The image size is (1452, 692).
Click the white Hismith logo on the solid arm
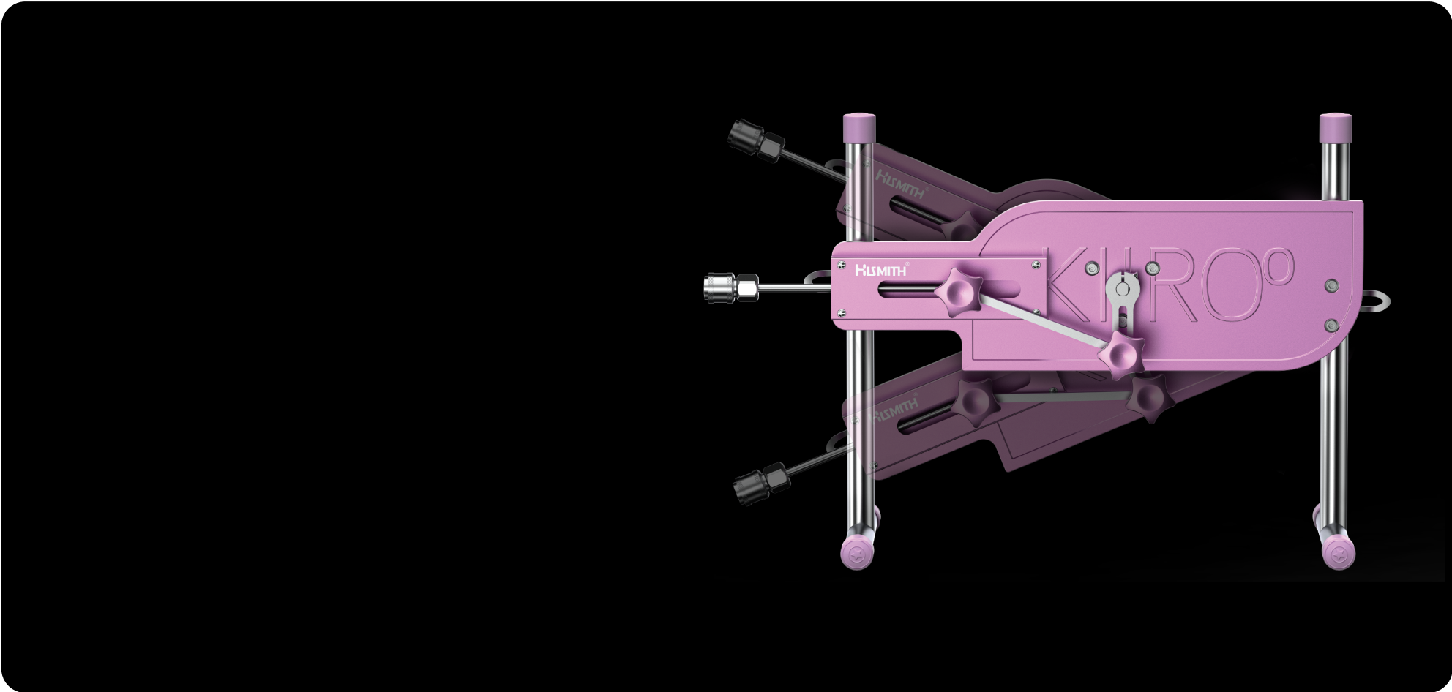[x=881, y=271]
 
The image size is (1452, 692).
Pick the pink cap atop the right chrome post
[x=1336, y=127]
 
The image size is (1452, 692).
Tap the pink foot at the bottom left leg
[x=857, y=553]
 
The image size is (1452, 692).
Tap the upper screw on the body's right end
[x=1331, y=285]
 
